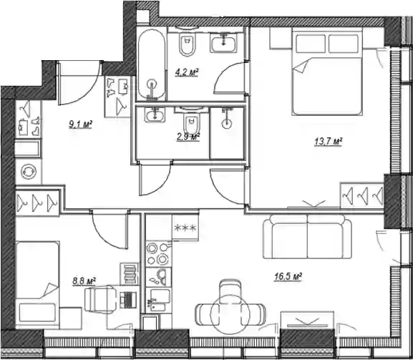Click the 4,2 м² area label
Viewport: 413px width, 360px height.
[187, 72]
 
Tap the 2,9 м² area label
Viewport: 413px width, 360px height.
[188, 137]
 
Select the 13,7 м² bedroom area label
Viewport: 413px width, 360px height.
[329, 142]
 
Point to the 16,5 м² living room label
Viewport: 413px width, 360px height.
[288, 277]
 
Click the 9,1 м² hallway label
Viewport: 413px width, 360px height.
[80, 125]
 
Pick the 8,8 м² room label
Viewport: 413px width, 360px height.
[84, 281]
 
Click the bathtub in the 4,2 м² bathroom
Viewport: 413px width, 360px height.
[152, 64]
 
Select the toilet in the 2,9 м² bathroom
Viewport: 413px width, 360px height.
[191, 121]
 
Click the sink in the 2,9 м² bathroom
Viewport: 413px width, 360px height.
[155, 115]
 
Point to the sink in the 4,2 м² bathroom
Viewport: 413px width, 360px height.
[224, 42]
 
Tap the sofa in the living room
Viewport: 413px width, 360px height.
[307, 236]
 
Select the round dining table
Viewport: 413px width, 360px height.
[230, 315]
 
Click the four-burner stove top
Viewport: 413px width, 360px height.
[159, 254]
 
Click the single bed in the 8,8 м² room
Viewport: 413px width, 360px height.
[37, 285]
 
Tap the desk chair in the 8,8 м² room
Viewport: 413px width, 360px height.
[101, 299]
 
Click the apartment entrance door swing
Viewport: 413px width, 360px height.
[79, 83]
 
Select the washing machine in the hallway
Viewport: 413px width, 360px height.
[29, 172]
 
